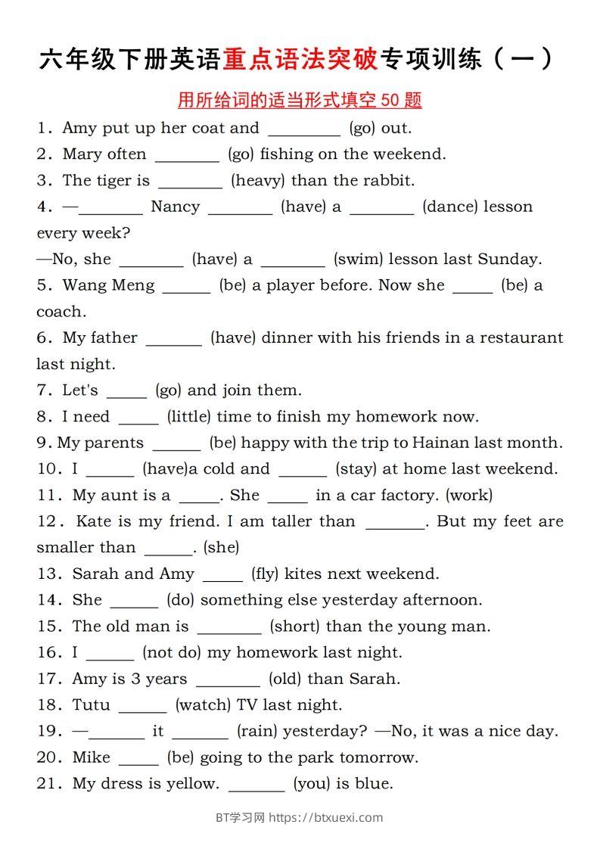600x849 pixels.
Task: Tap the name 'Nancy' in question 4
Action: (175, 207)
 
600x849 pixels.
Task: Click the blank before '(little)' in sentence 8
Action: (138, 418)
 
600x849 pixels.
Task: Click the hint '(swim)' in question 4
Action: (359, 259)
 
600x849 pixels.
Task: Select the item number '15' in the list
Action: (48, 626)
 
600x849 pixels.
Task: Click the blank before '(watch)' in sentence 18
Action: (143, 706)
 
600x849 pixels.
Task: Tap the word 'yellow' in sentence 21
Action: (194, 783)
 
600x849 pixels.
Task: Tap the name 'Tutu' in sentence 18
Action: (91, 704)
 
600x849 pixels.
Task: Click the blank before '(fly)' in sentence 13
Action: (223, 575)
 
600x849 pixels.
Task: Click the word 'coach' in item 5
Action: (59, 311)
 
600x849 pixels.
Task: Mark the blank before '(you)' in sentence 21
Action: (256, 785)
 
